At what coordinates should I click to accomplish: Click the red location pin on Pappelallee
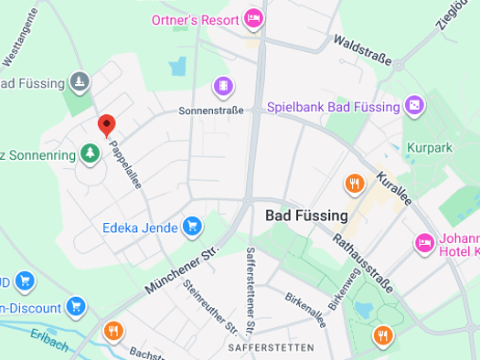point(106,125)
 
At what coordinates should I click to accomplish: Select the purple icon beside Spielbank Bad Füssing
point(415,106)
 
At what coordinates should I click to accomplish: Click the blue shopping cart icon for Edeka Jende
point(191,226)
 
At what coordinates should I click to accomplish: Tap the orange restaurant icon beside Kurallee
point(354,184)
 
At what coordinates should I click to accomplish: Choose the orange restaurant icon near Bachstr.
point(113,331)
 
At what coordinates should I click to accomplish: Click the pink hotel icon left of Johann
point(424,243)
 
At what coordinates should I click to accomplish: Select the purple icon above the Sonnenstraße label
point(222,87)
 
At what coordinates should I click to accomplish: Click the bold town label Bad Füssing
point(306,217)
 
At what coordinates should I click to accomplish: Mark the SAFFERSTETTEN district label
point(272,348)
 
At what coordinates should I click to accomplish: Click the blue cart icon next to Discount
point(76,307)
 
